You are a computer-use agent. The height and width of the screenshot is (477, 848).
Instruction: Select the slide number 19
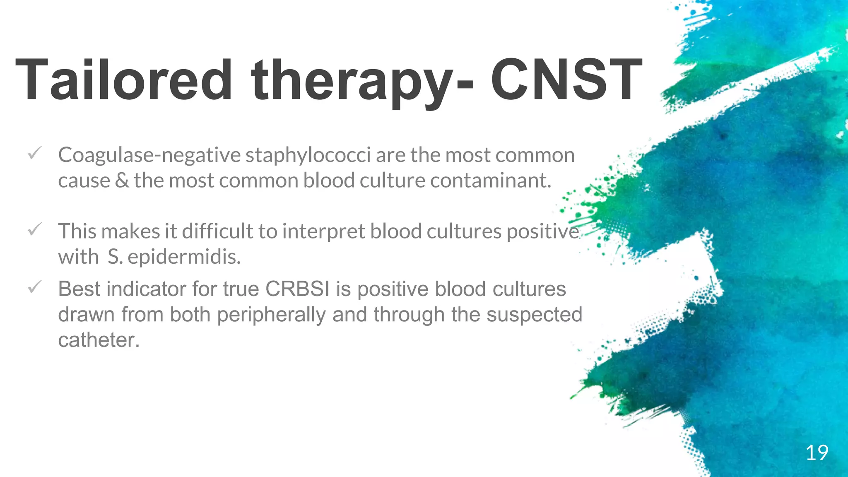coord(817,453)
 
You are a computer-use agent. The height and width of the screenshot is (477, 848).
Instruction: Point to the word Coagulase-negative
coord(149,156)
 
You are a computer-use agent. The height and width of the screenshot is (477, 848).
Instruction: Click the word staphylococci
coord(308,156)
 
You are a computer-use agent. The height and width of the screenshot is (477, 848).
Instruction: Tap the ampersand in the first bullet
coord(122,181)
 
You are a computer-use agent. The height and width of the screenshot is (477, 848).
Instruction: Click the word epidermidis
coord(184,257)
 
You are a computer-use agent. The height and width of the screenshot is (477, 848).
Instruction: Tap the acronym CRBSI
coord(297,289)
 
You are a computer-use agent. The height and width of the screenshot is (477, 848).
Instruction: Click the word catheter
coord(99,340)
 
